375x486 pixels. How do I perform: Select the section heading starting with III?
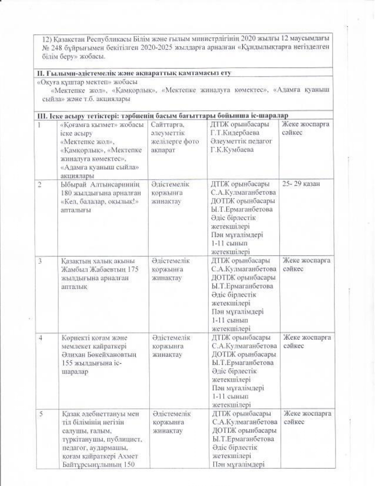tap(162, 115)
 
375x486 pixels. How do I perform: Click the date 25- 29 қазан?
tap(301, 184)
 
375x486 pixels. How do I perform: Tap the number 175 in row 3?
tap(131, 270)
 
